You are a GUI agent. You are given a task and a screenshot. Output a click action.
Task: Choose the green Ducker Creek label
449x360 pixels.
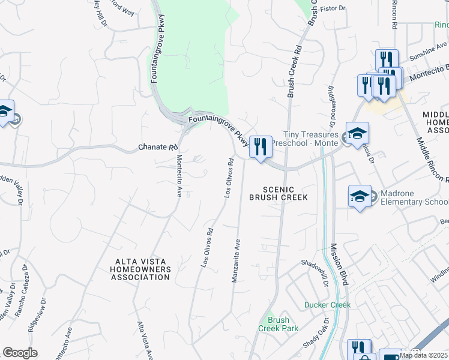(x=327, y=305)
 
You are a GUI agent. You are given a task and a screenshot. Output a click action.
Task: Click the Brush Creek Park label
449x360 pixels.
(x=278, y=324)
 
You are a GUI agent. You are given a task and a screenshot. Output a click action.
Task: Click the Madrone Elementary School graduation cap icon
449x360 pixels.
(x=360, y=196)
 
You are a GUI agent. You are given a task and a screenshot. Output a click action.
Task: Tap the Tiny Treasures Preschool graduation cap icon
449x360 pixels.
(x=357, y=134)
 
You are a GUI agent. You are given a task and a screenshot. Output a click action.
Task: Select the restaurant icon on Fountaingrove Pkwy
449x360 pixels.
(x=260, y=146)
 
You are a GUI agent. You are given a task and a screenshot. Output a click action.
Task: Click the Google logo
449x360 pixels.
(x=20, y=353)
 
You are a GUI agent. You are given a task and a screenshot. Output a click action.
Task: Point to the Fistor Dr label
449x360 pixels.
(x=335, y=8)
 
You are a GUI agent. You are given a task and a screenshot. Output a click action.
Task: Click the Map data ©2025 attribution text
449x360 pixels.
(x=424, y=355)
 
